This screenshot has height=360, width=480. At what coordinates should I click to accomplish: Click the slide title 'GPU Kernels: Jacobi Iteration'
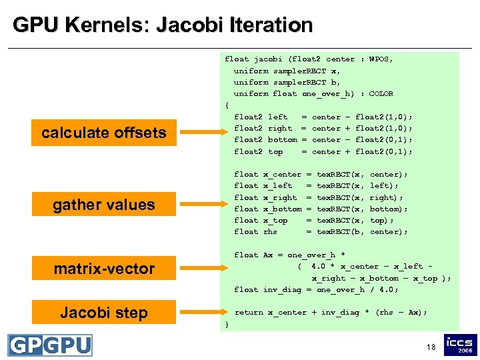click(x=163, y=25)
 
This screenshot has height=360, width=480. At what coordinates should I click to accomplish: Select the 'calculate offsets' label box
click(x=104, y=133)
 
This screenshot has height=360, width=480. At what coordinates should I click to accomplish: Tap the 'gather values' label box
click(x=104, y=205)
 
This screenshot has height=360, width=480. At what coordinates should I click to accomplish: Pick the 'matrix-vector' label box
click(x=104, y=269)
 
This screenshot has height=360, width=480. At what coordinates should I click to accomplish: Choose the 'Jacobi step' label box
click(x=104, y=313)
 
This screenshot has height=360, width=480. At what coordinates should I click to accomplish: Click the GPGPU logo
click(x=50, y=345)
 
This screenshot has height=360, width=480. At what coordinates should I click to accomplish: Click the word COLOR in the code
click(x=381, y=94)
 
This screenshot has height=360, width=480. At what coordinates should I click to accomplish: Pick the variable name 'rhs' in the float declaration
click(x=270, y=232)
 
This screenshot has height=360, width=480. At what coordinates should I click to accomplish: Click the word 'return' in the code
click(x=249, y=312)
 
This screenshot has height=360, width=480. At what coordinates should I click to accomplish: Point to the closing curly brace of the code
click(x=227, y=324)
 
